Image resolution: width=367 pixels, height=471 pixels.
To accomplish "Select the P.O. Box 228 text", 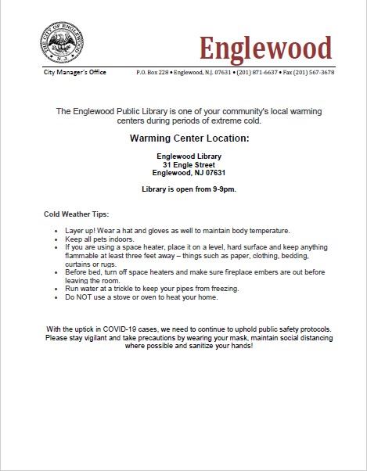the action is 153,72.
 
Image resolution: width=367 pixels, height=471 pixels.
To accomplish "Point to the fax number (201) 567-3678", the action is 318,72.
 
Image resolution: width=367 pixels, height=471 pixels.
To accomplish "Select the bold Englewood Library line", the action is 189,156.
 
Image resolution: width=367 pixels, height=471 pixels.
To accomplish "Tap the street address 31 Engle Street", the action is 189,164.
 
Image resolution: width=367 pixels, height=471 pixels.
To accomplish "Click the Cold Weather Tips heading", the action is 77,214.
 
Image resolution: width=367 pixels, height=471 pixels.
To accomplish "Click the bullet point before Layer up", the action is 57,231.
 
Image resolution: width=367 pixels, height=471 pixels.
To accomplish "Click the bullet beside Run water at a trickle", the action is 57,289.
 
